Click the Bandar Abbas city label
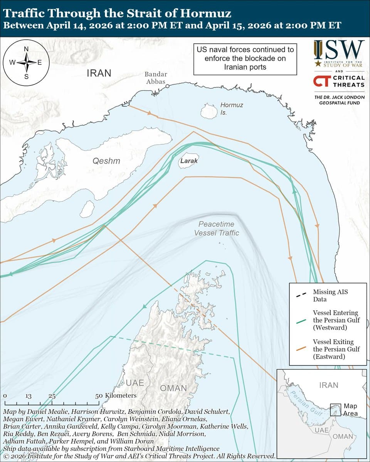pos(156,78)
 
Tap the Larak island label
pos(189,161)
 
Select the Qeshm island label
pos(106,161)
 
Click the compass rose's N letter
pos(26,49)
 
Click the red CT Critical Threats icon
pos(321,81)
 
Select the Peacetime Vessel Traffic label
pos(216,229)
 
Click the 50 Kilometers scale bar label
pos(116,395)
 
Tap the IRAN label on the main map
pos(99,73)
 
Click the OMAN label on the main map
pos(173,388)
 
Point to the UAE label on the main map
pos(135,383)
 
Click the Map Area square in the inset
pos(335,409)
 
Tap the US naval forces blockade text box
pos(245,59)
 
